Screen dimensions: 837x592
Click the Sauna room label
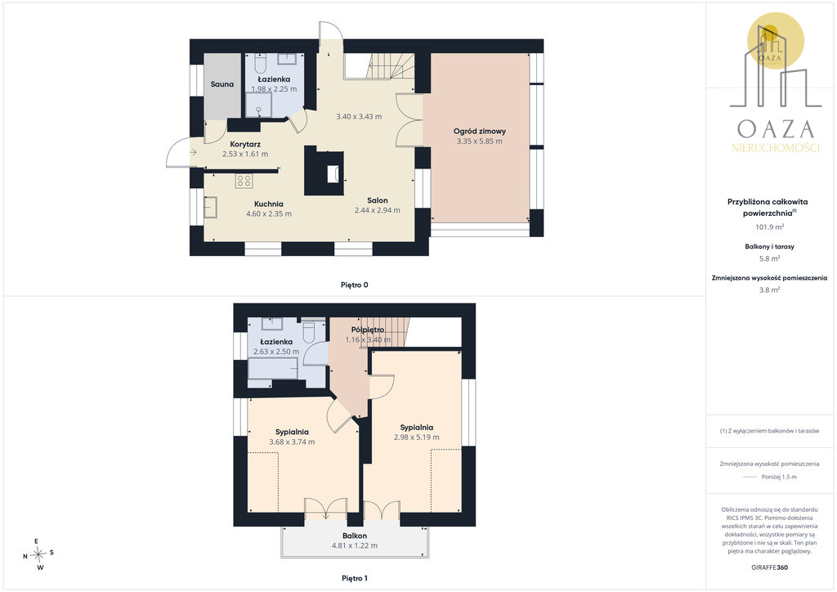click(x=222, y=83)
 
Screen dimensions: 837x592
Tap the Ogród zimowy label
click(x=479, y=131)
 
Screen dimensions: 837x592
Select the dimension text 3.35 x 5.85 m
click(x=479, y=141)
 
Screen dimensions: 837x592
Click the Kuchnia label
click(x=268, y=204)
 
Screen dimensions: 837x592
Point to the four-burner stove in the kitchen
click(x=244, y=181)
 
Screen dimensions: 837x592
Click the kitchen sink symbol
click(x=210, y=207)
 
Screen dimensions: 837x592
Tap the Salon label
click(x=378, y=200)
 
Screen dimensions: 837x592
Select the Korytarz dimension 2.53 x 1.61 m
click(x=245, y=154)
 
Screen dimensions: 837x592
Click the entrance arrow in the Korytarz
click(x=193, y=153)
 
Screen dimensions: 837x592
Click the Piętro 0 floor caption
click(x=355, y=285)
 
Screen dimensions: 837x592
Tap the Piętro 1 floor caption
click(x=355, y=578)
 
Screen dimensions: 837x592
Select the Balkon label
click(x=355, y=536)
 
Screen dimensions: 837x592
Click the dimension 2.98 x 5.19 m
click(x=417, y=437)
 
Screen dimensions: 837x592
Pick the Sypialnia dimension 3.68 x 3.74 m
click(x=292, y=442)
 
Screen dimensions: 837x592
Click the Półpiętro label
click(x=368, y=330)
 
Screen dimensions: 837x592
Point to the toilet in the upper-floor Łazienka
click(x=309, y=331)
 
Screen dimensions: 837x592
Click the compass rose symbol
click(x=39, y=554)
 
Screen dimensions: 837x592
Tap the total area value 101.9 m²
click(x=769, y=226)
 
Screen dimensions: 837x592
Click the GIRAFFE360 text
click(x=769, y=567)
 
